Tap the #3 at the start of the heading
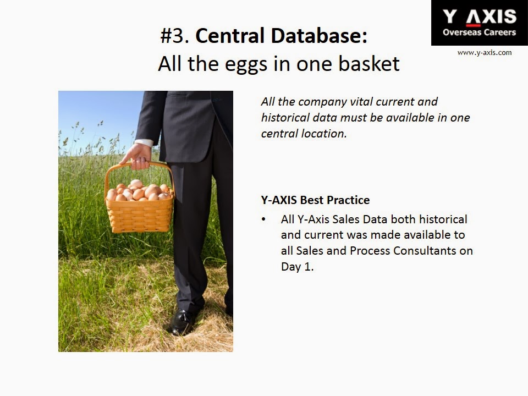click(174, 36)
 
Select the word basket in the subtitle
click(369, 63)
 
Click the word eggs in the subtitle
click(245, 65)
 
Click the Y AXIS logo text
click(480, 17)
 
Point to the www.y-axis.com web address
click(484, 53)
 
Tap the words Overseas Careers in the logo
click(479, 32)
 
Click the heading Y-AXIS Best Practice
click(315, 200)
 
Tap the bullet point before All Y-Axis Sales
click(263, 219)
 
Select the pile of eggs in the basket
click(139, 191)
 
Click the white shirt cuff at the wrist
click(144, 142)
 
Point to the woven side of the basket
click(139, 216)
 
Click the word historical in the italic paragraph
click(285, 118)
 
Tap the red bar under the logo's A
click(474, 25)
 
